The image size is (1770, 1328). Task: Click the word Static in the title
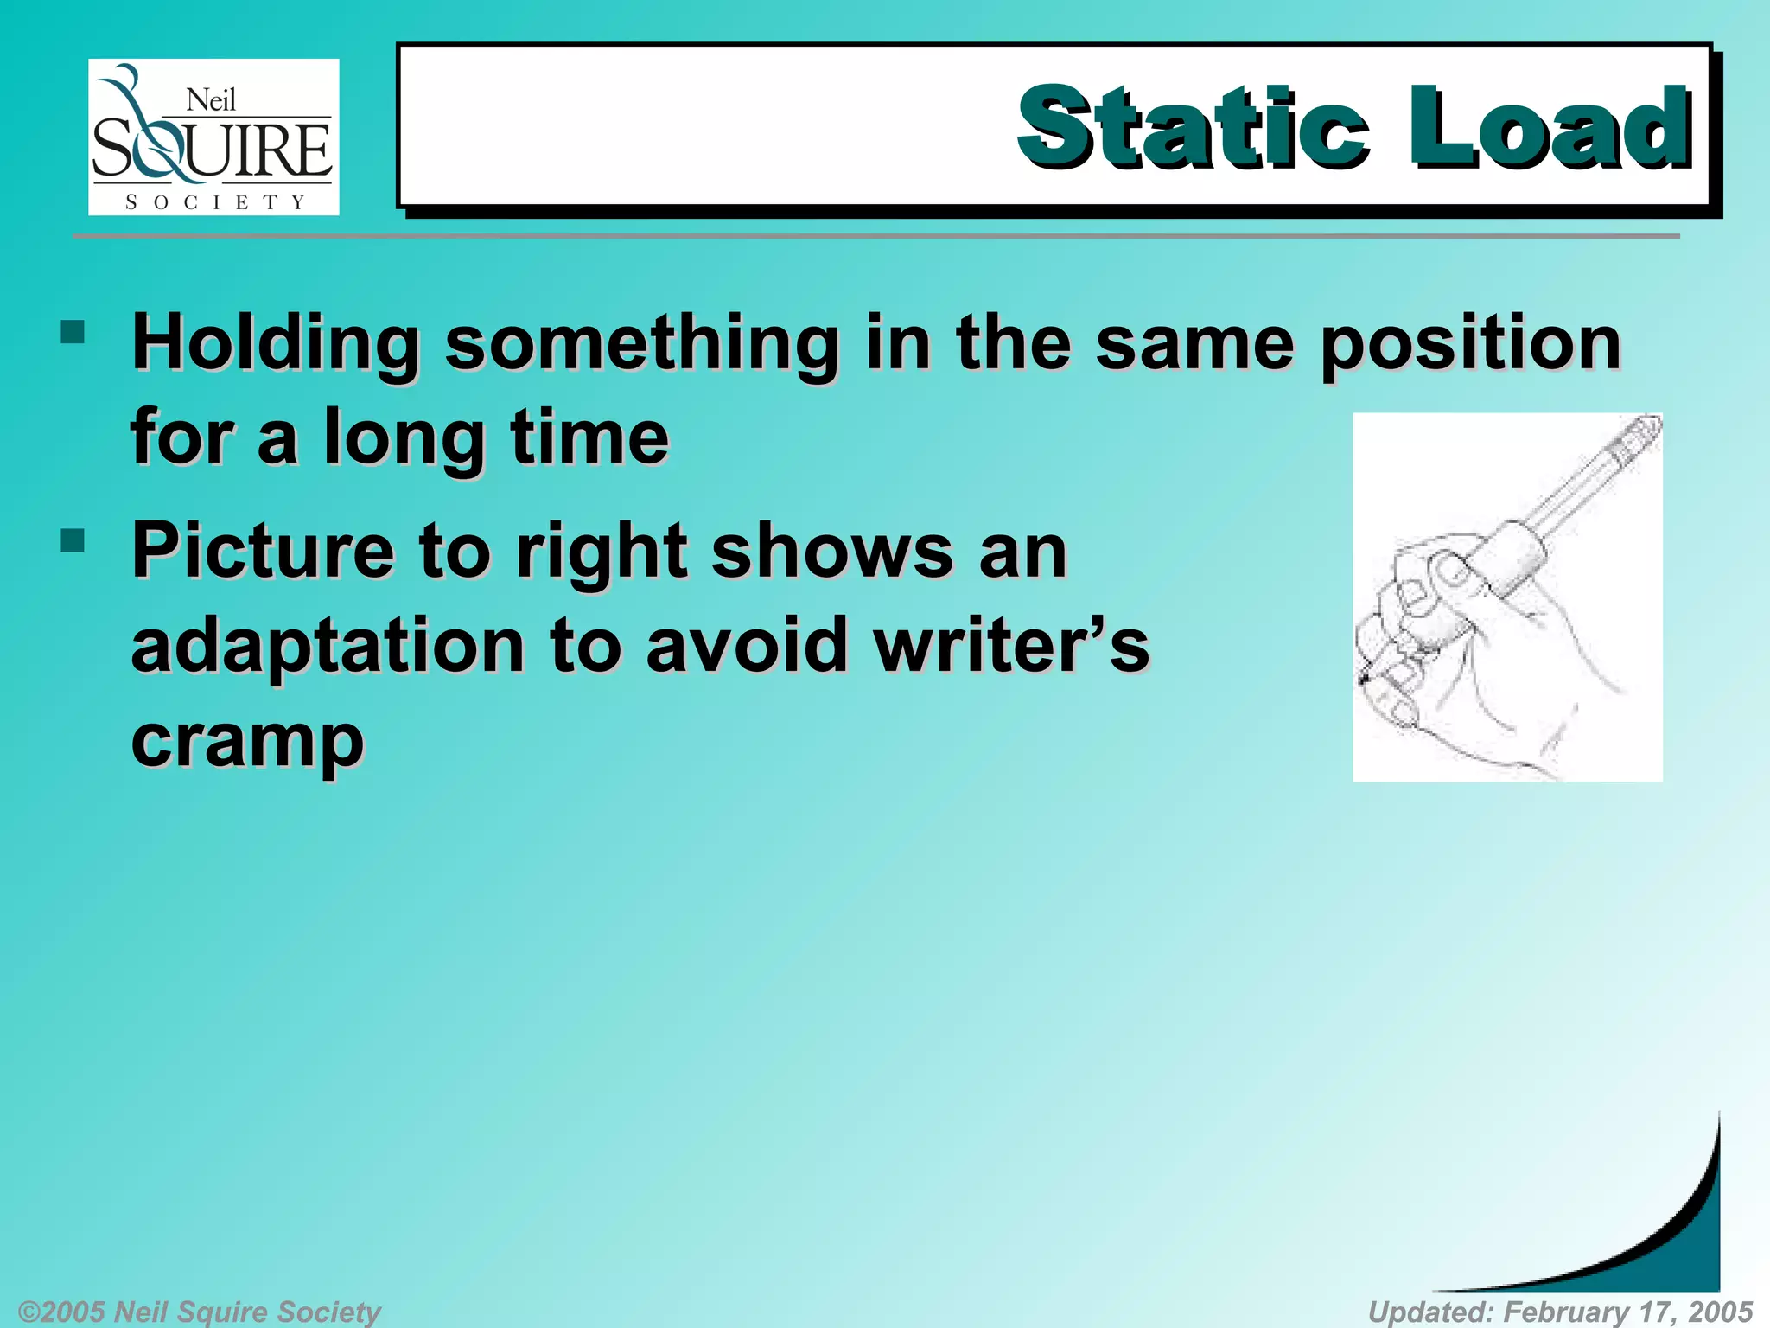tap(1193, 128)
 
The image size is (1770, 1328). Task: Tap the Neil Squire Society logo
tap(213, 137)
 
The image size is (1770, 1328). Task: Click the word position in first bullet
tap(1471, 344)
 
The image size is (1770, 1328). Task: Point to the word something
tap(641, 344)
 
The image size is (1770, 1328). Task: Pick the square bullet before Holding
tap(73, 333)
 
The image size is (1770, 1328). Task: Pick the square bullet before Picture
tap(73, 541)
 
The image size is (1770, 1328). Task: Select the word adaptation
tap(328, 647)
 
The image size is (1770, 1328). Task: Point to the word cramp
tap(247, 742)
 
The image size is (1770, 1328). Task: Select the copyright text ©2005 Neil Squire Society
tap(199, 1312)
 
